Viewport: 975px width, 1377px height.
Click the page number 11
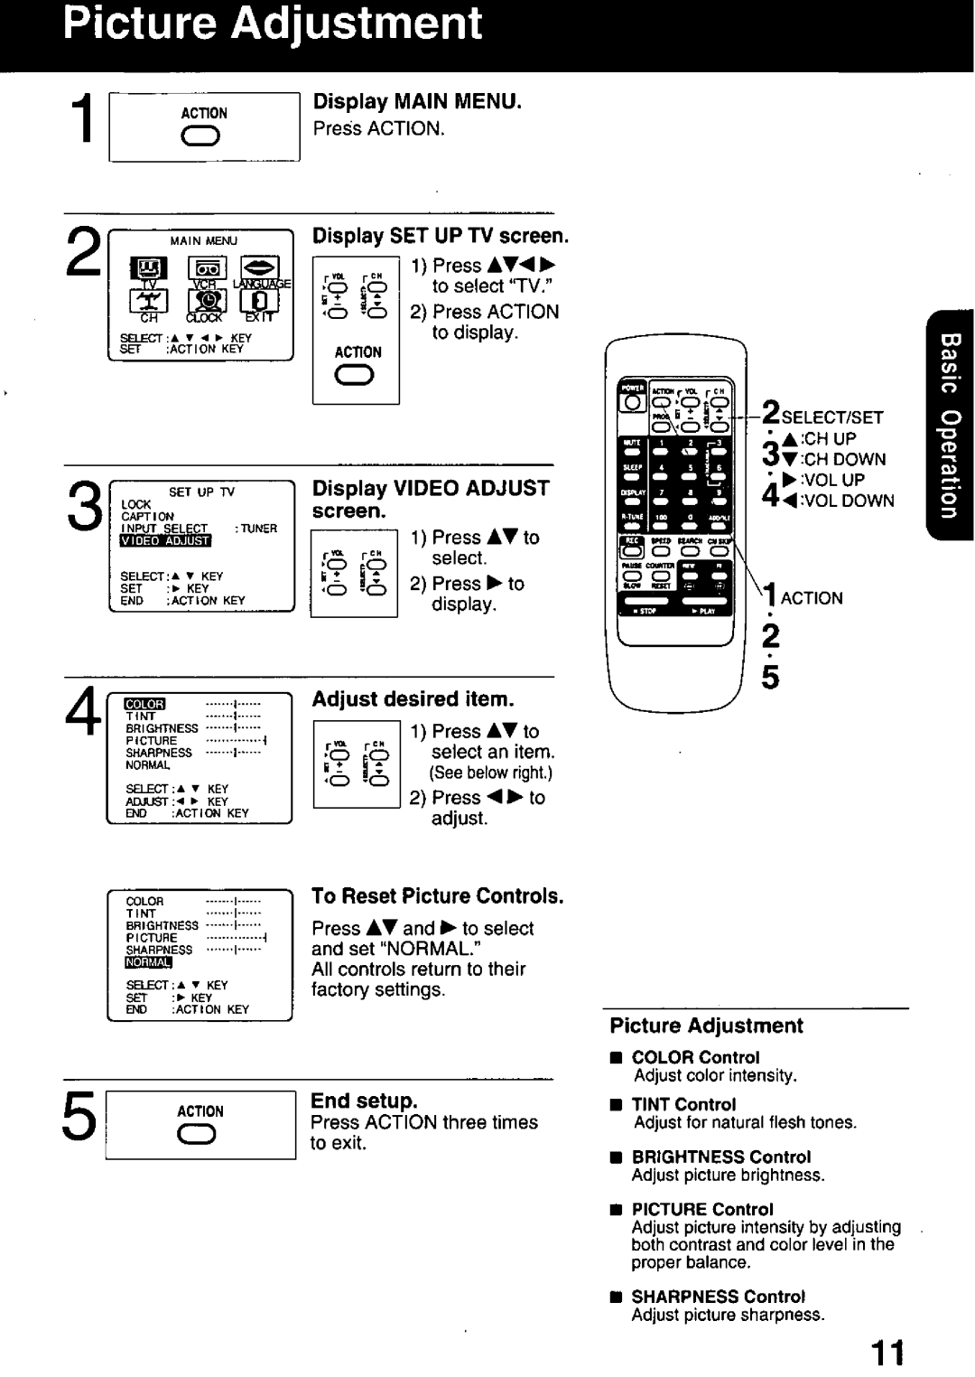(x=887, y=1353)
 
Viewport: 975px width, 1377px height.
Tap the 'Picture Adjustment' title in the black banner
(x=273, y=24)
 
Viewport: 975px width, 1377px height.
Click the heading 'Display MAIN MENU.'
(x=417, y=101)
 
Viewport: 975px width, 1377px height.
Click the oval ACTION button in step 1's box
(x=203, y=137)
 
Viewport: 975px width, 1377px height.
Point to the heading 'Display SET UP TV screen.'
(x=441, y=236)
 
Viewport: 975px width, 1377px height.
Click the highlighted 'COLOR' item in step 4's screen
(x=144, y=704)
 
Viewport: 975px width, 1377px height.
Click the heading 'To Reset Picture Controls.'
(x=437, y=895)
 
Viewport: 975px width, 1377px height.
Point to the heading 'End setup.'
(x=364, y=1101)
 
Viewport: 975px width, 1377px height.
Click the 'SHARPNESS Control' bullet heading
(x=718, y=1296)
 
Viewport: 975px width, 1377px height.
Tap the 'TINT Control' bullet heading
(x=683, y=1104)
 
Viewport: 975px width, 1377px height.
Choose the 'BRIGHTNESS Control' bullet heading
(x=720, y=1157)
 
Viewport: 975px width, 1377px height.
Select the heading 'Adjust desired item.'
(x=413, y=699)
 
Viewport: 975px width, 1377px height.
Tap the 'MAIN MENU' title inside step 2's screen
(x=204, y=241)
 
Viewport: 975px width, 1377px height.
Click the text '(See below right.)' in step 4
(x=490, y=773)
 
